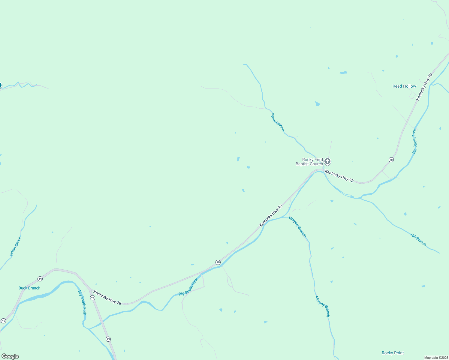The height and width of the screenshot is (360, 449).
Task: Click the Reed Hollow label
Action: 404,86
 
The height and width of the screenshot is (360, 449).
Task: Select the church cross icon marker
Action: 327,161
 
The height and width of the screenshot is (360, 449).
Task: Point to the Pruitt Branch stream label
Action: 277,122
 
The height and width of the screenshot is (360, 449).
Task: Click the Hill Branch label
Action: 418,240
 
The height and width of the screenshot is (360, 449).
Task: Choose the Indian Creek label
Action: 16,247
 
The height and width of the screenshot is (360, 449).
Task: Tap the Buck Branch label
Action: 29,288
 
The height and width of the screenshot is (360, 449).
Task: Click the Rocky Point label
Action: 393,353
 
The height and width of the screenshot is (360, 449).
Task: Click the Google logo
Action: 10,356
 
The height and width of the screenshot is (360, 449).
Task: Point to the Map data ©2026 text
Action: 436,358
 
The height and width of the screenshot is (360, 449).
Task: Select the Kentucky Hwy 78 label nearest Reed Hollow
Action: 424,87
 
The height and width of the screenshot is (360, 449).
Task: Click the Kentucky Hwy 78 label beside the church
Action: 339,176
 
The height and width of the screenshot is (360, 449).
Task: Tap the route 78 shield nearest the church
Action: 391,160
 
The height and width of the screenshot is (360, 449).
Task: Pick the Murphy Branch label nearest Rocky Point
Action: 322,306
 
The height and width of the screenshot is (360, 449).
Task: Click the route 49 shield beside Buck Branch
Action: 40,279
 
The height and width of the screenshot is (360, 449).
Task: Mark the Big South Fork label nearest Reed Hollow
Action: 414,142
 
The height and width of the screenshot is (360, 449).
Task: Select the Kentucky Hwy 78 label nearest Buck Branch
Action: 107,298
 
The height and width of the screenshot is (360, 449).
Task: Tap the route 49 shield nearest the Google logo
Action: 3,321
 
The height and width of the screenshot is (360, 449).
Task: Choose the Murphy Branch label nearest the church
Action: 297,227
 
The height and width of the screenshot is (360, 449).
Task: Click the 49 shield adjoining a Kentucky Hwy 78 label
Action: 92,298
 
